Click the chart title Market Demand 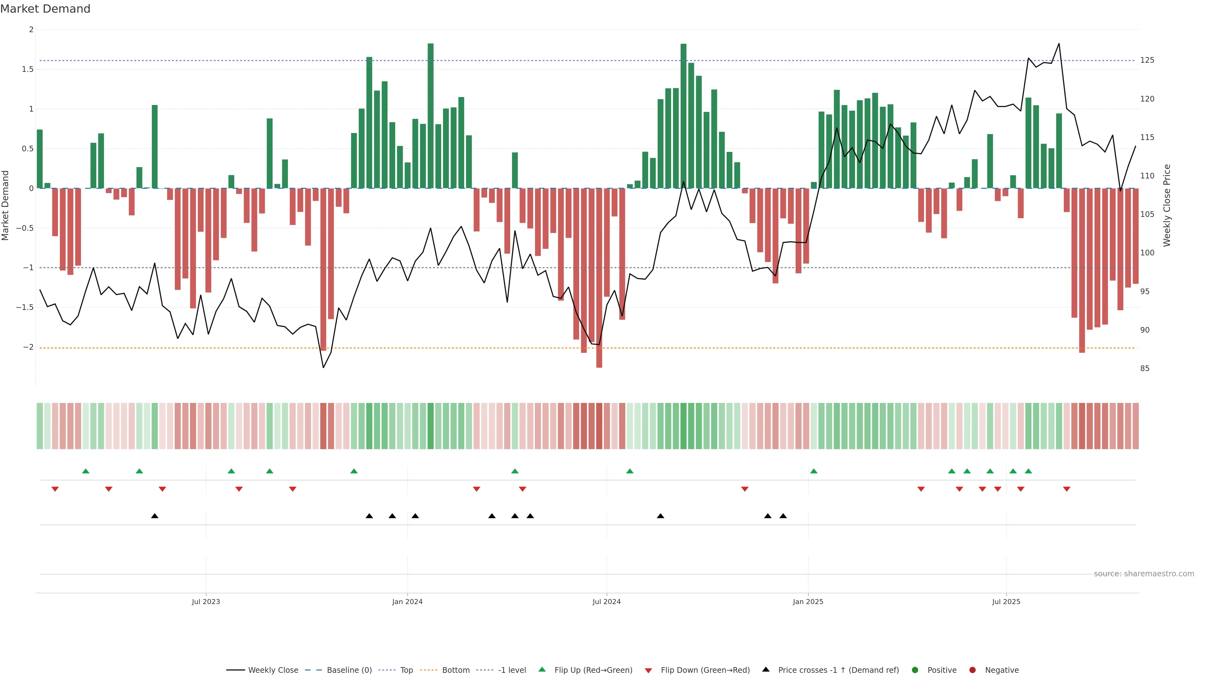click(x=45, y=9)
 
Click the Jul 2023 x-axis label click(x=206, y=602)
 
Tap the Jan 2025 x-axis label click(x=808, y=602)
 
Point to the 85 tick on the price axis click(x=1145, y=369)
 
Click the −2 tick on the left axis click(x=28, y=347)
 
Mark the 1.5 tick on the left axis click(x=28, y=69)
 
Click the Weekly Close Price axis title click(x=1167, y=205)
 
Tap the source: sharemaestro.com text click(x=1144, y=574)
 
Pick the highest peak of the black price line click(x=1059, y=44)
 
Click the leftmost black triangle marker click(x=154, y=516)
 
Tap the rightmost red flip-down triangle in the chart click(x=1067, y=489)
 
